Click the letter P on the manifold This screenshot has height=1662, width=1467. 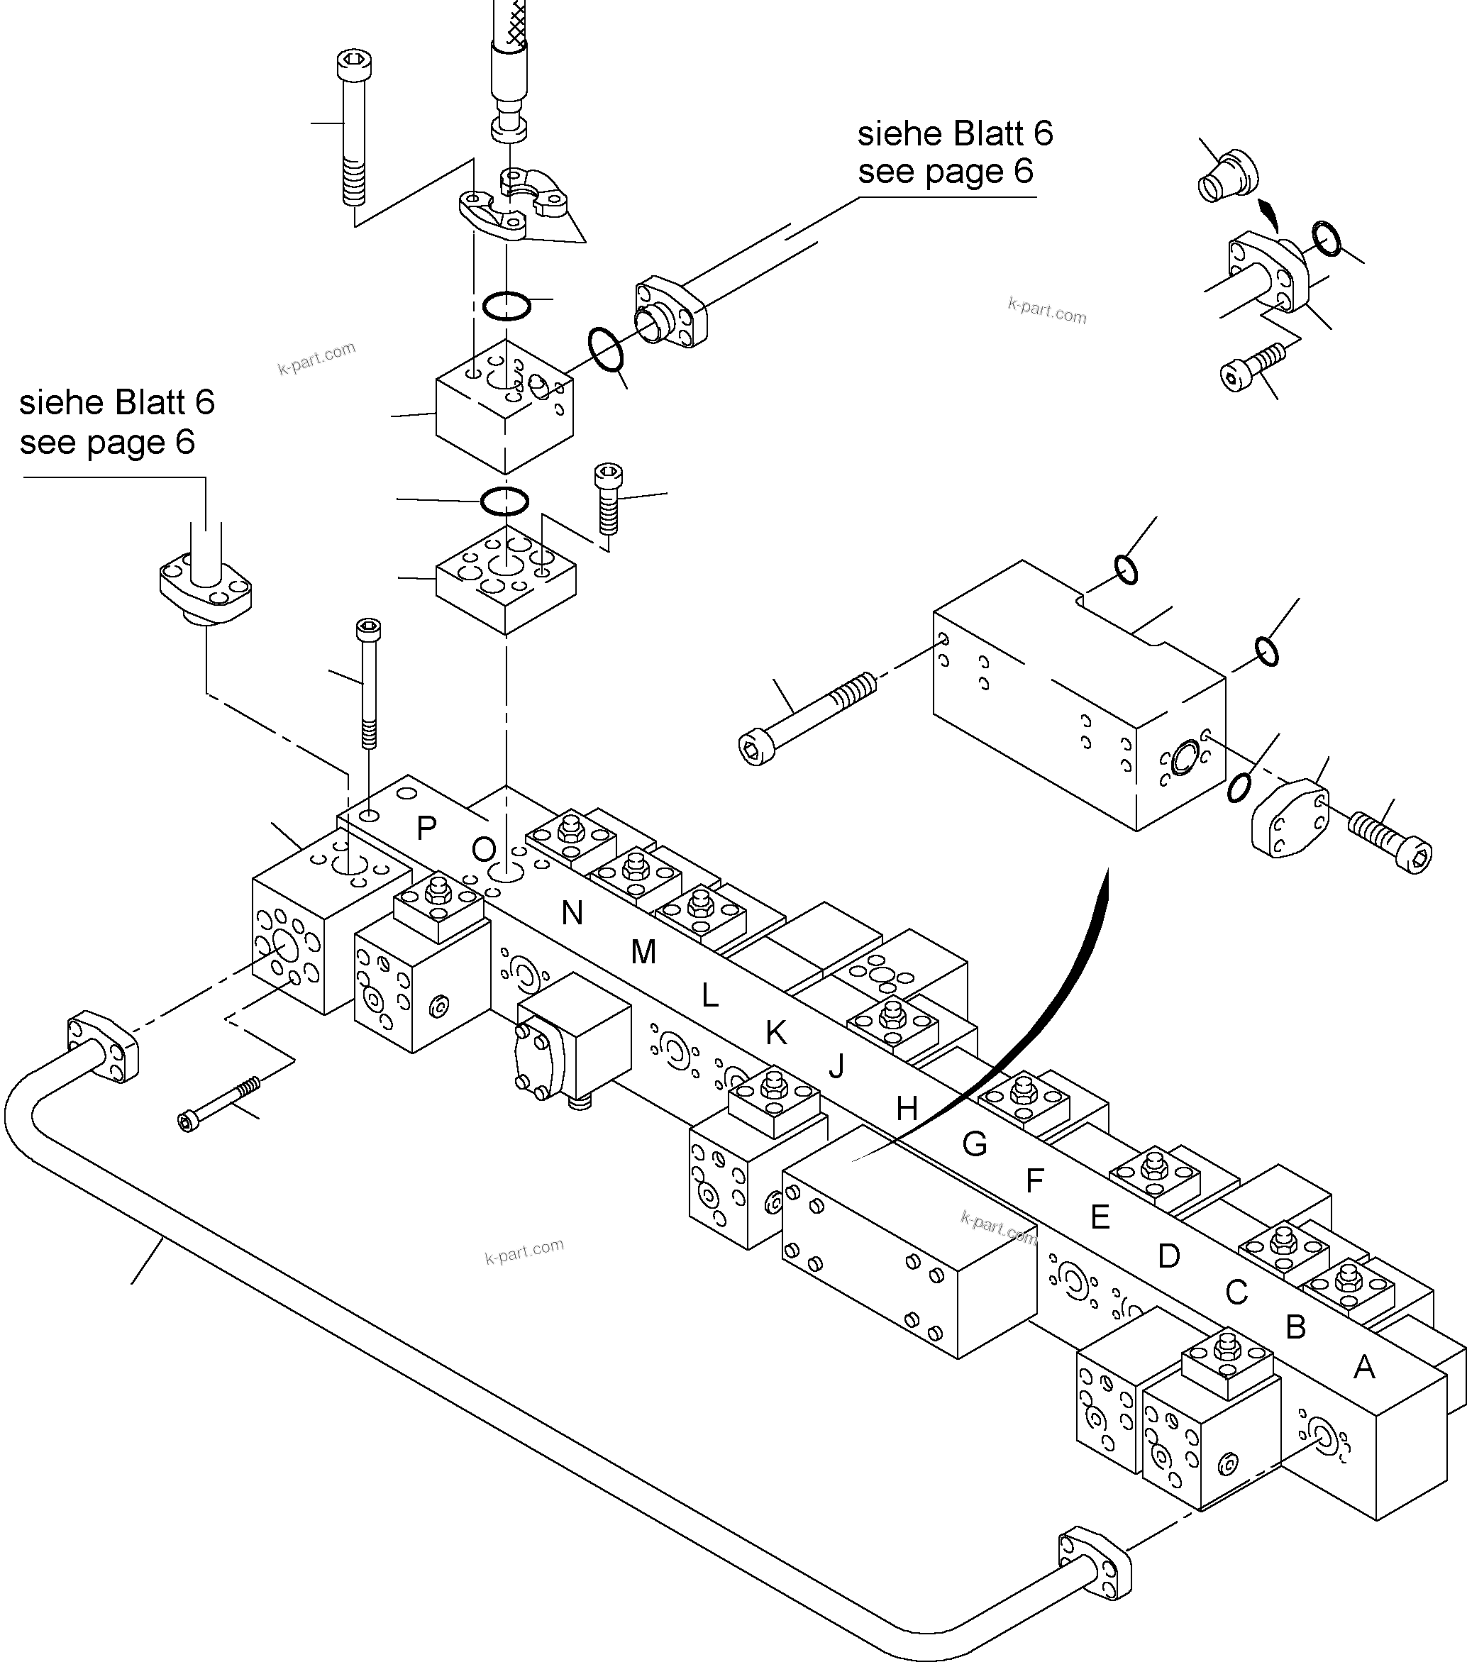tap(426, 829)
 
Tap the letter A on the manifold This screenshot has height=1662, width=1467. tap(1363, 1367)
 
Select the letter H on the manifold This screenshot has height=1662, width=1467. tap(907, 1109)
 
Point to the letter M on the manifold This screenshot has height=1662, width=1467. tap(643, 951)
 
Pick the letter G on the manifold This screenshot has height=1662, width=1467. tap(974, 1145)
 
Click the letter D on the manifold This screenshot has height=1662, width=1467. tap(1168, 1256)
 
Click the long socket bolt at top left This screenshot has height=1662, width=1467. tap(352, 130)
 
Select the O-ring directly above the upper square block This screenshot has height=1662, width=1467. tap(506, 306)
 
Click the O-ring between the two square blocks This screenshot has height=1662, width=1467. tap(504, 501)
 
